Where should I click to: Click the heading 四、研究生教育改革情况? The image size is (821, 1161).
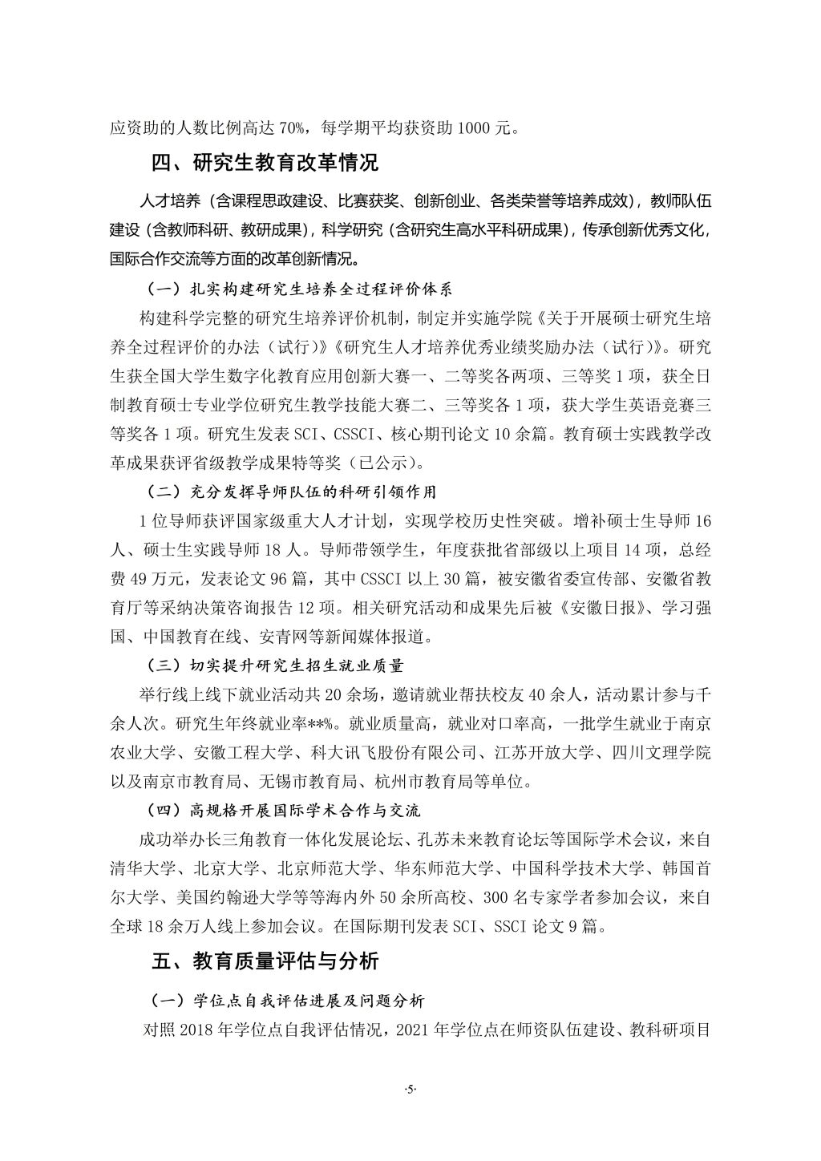(x=265, y=163)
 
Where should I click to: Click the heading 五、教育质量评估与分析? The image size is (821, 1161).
(x=265, y=961)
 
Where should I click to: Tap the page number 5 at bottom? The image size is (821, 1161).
(x=410, y=1089)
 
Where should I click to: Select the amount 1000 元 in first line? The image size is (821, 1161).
(x=483, y=127)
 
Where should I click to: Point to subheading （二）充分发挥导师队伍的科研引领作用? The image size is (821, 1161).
(x=292, y=492)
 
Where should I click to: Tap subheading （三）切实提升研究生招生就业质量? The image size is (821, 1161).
(x=276, y=665)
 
